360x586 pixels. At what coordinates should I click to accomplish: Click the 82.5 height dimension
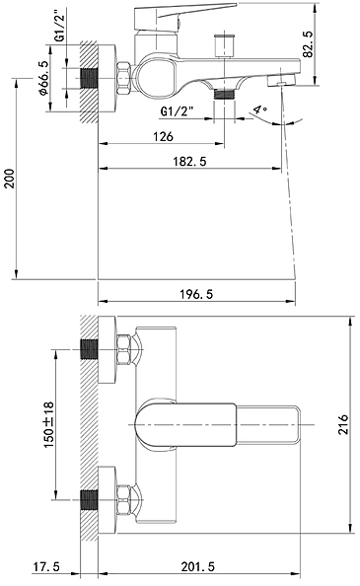pos(309,43)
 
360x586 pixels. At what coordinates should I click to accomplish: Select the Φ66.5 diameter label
pos(43,78)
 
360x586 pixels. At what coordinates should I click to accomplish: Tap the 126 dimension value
pos(163,136)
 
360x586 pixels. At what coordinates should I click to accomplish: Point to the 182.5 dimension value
pos(189,162)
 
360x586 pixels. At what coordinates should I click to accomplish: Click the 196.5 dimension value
pos(196,294)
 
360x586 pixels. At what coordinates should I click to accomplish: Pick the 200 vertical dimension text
pos(9,179)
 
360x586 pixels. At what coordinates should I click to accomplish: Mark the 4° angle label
pos(260,110)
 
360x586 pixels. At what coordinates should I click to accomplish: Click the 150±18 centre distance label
pos(49,425)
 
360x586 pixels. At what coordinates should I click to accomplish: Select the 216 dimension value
pos(343,424)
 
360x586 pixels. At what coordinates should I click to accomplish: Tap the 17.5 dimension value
pos(46,566)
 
